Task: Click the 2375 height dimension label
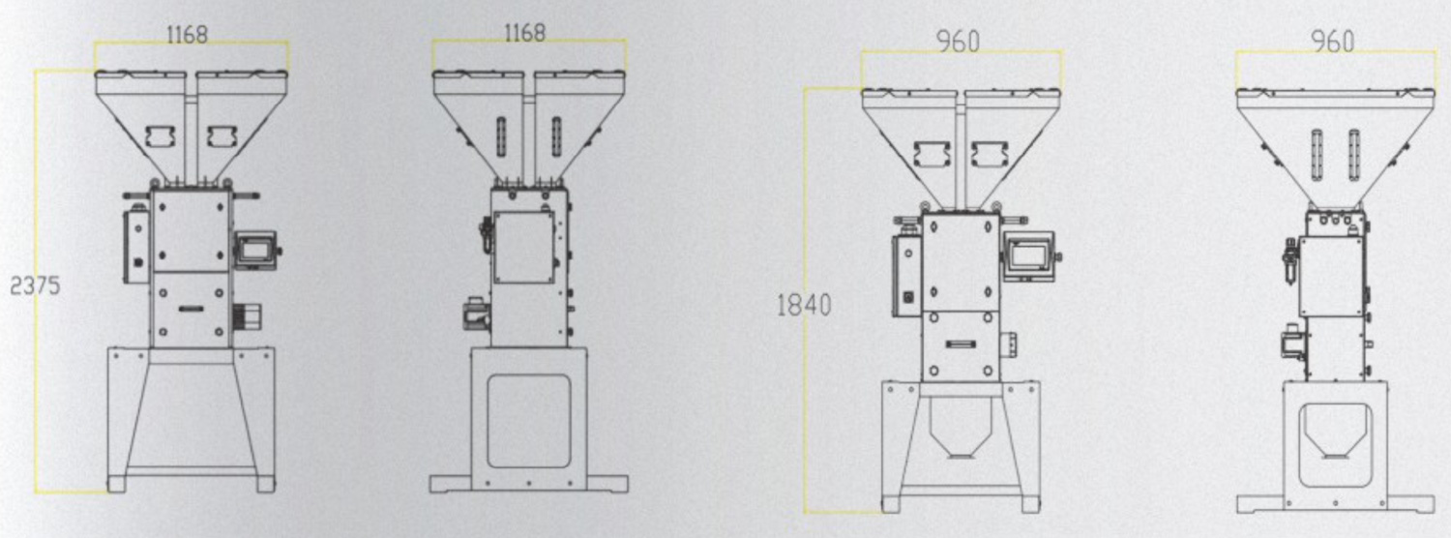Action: click(35, 285)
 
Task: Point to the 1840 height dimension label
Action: click(803, 305)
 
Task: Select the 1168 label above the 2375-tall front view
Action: click(188, 35)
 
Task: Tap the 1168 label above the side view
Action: click(524, 32)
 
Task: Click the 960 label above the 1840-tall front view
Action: click(958, 43)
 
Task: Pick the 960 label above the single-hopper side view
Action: click(1332, 43)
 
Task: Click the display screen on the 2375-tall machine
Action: click(255, 250)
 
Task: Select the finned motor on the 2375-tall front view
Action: click(248, 315)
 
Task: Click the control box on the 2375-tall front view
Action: click(136, 247)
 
